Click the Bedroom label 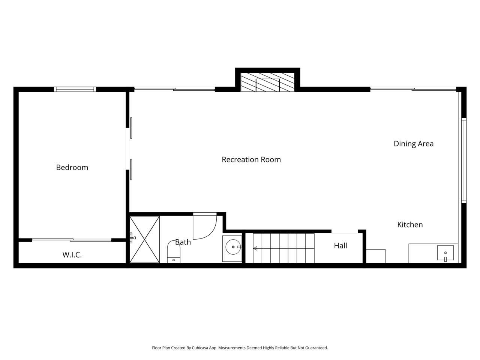click(72, 167)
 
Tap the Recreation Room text click(251, 160)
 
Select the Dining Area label click(414, 144)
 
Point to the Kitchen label click(410, 225)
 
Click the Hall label click(340, 246)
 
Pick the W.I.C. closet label click(72, 255)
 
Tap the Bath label click(183, 242)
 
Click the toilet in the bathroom click(174, 252)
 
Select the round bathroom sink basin click(233, 247)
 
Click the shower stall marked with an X click(144, 239)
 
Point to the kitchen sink click(445, 253)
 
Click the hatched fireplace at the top click(267, 82)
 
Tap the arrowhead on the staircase click(255, 248)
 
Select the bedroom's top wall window click(75, 89)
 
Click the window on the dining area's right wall click(464, 160)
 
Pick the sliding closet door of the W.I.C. click(72, 240)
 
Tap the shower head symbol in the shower click(132, 238)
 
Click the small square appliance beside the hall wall click(376, 256)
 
